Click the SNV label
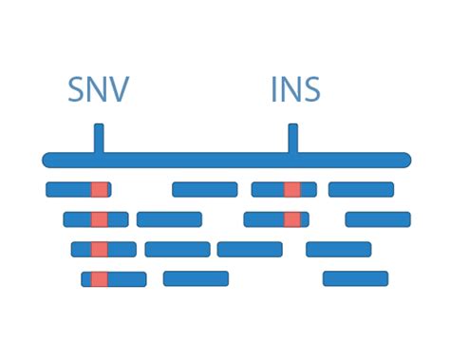[x=98, y=90]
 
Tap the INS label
[x=295, y=90]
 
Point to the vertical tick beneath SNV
[x=99, y=138]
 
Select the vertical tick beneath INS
[x=292, y=138]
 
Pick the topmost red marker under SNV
[x=99, y=189]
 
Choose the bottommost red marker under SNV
[x=100, y=279]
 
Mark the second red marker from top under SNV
[x=99, y=219]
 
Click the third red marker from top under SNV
[x=99, y=249]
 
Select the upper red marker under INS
[x=292, y=189]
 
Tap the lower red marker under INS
[x=292, y=219]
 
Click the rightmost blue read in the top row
[x=361, y=189]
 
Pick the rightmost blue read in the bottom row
[x=355, y=278]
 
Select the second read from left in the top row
[x=204, y=189]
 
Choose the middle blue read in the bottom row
[x=196, y=278]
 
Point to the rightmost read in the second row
[x=378, y=219]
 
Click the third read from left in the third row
[x=250, y=249]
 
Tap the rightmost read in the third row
[x=338, y=249]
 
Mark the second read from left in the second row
[x=169, y=219]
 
